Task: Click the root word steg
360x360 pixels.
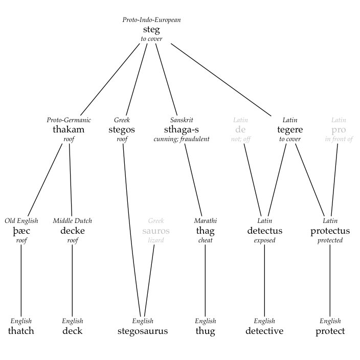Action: pos(151,30)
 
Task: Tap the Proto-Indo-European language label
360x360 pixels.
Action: pos(151,20)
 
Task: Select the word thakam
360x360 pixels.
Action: pos(69,129)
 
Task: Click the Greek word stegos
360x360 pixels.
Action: pos(122,129)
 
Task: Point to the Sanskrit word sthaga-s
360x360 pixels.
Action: pos(182,129)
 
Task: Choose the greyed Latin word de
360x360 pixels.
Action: pos(240,129)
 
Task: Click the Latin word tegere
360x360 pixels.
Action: pos(290,129)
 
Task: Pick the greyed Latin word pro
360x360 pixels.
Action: pos(339,129)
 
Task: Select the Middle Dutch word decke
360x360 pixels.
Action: pos(72,231)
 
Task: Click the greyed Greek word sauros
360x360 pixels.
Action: pos(156,231)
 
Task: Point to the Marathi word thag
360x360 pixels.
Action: pos(205,231)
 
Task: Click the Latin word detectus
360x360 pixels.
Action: pos(264,231)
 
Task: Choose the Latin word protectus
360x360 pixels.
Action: pos(330,231)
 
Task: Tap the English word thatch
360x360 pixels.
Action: pos(21,331)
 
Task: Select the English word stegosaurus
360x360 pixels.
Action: pos(143,331)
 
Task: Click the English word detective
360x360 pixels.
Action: pos(264,331)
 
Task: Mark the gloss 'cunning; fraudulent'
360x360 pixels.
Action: pos(182,139)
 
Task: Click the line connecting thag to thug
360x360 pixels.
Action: pos(205,281)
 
